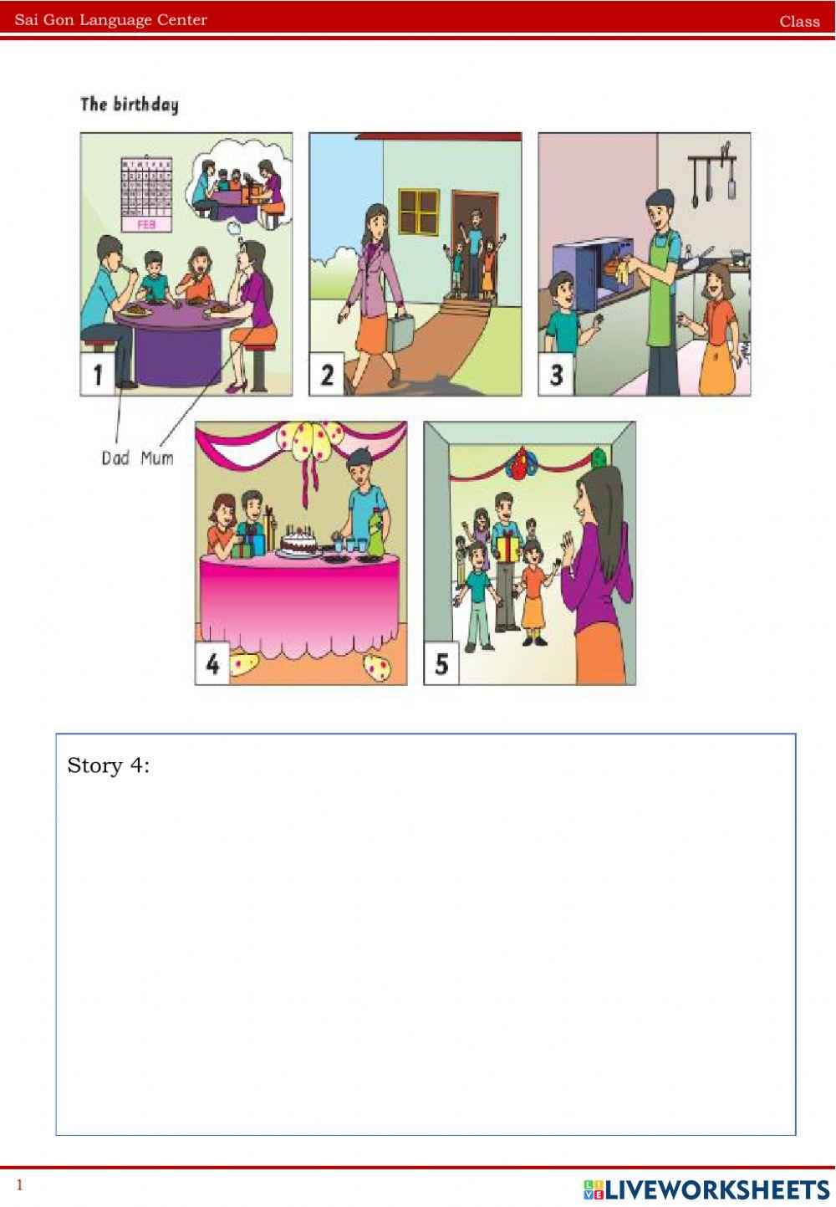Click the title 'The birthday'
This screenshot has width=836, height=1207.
point(129,105)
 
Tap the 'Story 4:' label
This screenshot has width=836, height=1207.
point(108,765)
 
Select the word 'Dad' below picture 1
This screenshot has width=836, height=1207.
point(115,458)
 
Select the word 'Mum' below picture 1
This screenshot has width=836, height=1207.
point(157,458)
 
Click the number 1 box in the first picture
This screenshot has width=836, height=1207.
point(97,375)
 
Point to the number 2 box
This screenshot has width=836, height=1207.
point(326,375)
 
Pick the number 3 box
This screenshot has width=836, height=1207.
point(555,375)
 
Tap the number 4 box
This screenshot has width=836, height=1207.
point(212,664)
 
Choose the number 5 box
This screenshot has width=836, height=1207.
point(441,664)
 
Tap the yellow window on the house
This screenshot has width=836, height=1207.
point(419,211)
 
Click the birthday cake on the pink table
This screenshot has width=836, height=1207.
point(298,544)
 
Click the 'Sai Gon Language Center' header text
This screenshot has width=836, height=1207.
point(110,20)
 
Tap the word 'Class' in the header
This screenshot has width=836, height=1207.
point(799,22)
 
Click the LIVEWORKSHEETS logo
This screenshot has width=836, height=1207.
point(706,1189)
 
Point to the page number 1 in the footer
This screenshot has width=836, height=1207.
point(20,1184)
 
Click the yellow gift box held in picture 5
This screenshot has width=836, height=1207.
point(508,548)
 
